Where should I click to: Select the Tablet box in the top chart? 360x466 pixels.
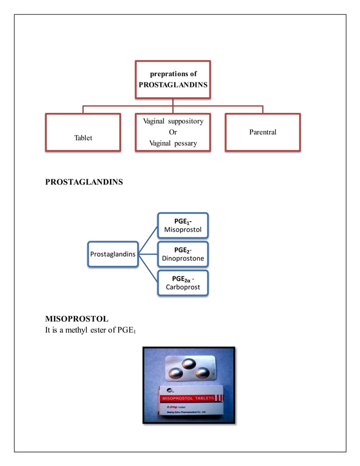(82, 133)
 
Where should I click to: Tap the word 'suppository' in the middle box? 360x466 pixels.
(185, 121)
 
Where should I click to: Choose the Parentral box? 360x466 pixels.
(262, 132)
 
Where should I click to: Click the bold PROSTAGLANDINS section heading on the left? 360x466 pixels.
(84, 182)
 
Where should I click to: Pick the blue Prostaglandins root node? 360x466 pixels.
(113, 254)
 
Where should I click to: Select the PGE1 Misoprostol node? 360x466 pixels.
(182, 225)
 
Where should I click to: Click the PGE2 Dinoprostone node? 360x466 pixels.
(182, 254)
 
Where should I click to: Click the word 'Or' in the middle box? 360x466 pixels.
(173, 132)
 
